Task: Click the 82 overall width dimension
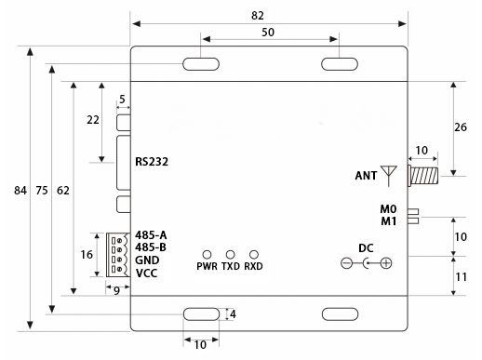pyautogui.click(x=258, y=16)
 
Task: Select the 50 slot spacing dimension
pyautogui.click(x=268, y=33)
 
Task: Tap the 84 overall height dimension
pyautogui.click(x=20, y=190)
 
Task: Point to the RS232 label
pyautogui.click(x=152, y=162)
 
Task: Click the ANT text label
pyautogui.click(x=366, y=176)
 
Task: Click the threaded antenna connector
pyautogui.click(x=423, y=176)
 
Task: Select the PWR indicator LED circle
pyautogui.click(x=207, y=255)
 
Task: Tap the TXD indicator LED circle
pyautogui.click(x=230, y=255)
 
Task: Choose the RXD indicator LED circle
pyautogui.click(x=254, y=255)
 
